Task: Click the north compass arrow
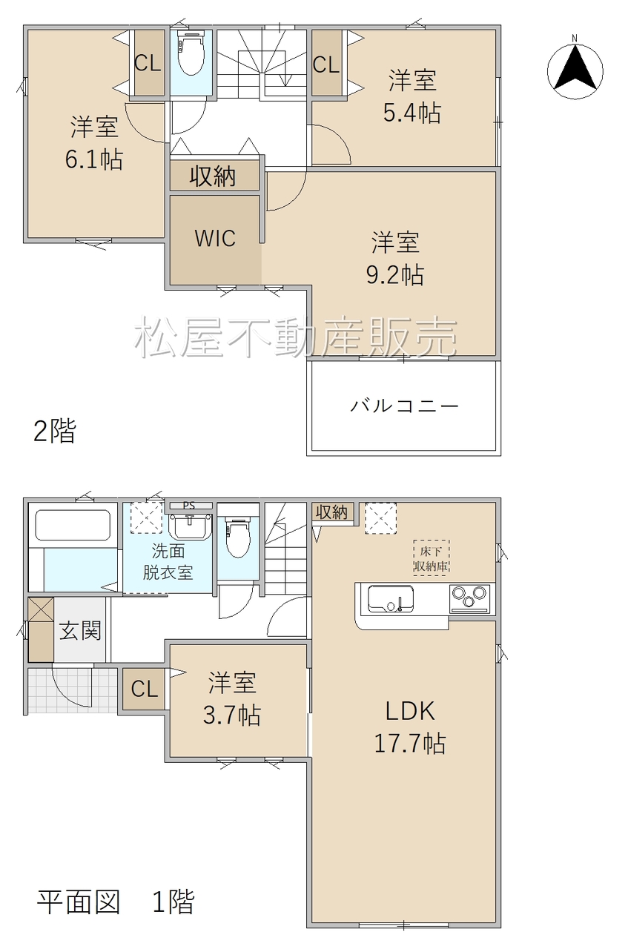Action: pos(575,67)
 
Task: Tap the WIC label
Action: pos(215,238)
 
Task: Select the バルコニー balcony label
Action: pos(404,406)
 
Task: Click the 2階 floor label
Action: pos(55,431)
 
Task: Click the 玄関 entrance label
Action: pos(80,631)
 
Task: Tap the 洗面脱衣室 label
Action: pos(168,562)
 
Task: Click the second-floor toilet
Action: pos(191,53)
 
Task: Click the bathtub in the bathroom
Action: pos(73,526)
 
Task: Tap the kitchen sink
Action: pos(391,598)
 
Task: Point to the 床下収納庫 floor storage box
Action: pos(432,558)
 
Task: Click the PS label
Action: pos(188,506)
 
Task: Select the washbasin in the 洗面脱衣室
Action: pos(190,526)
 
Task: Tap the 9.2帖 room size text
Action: pos(394,274)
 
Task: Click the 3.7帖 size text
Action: pos(232,715)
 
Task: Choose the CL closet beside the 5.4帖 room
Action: pos(326,65)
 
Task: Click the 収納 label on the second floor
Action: pos(212,176)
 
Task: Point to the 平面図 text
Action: pos(79,902)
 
